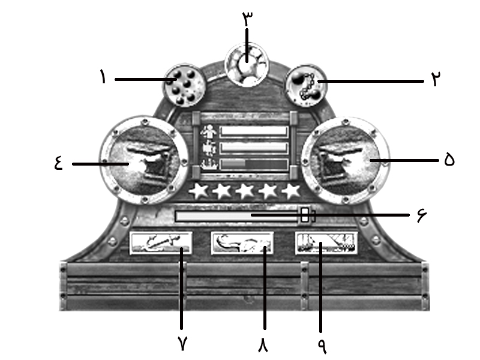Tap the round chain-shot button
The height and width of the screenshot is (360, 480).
click(x=305, y=86)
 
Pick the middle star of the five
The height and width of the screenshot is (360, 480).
click(x=245, y=191)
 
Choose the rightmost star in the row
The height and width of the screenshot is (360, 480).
click(x=292, y=191)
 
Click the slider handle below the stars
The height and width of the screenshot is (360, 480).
click(x=305, y=215)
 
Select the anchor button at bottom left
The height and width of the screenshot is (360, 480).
click(x=161, y=244)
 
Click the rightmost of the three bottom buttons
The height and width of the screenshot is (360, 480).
click(x=326, y=244)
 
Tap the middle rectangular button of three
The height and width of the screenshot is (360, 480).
click(x=242, y=244)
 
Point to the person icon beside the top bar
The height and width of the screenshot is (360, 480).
click(x=209, y=131)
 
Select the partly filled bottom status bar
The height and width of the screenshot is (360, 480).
click(x=254, y=164)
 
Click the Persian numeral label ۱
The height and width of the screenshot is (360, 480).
click(x=103, y=77)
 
